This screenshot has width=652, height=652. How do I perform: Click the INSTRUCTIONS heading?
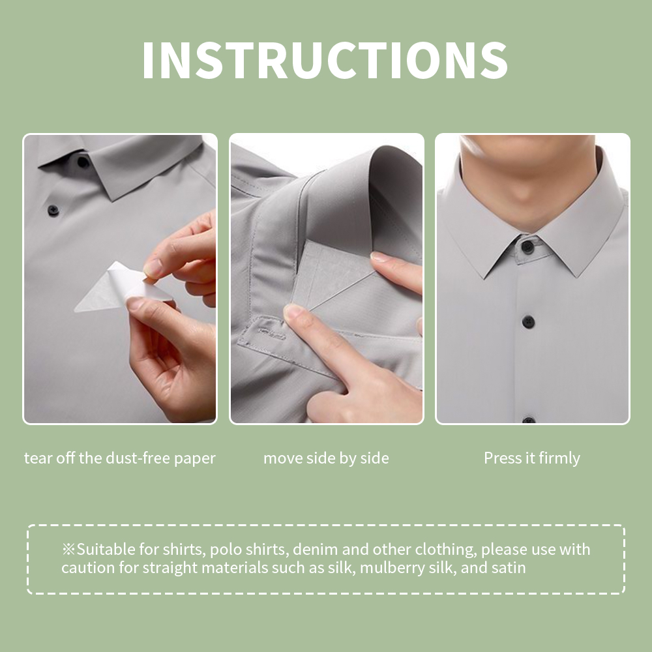[x=325, y=61]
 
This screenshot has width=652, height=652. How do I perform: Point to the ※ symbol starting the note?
[x=68, y=550]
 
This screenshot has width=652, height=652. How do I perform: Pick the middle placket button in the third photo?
[x=528, y=321]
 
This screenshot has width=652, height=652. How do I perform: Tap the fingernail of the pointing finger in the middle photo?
[x=293, y=312]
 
